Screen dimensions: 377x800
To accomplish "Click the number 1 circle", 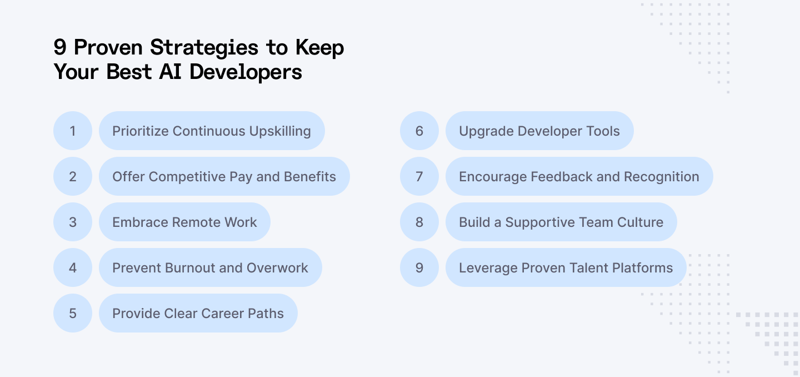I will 73,131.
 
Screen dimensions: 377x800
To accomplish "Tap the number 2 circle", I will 73,176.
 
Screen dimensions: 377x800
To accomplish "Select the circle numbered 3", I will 73,222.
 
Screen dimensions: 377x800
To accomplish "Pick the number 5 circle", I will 73,313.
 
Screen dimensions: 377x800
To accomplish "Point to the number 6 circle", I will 419,131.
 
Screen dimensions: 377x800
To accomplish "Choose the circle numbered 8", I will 419,222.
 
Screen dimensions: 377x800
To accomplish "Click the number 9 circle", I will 419,267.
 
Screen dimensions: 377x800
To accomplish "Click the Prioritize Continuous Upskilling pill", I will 212,131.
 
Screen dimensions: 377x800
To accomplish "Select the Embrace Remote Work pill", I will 184,222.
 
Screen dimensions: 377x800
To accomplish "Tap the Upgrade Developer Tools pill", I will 539,131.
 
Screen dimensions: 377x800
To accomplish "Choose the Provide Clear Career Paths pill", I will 198,313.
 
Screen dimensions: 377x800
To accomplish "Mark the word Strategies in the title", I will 204,48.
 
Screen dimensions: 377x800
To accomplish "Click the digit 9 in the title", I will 60,48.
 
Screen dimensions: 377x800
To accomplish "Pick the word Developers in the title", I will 246,72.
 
